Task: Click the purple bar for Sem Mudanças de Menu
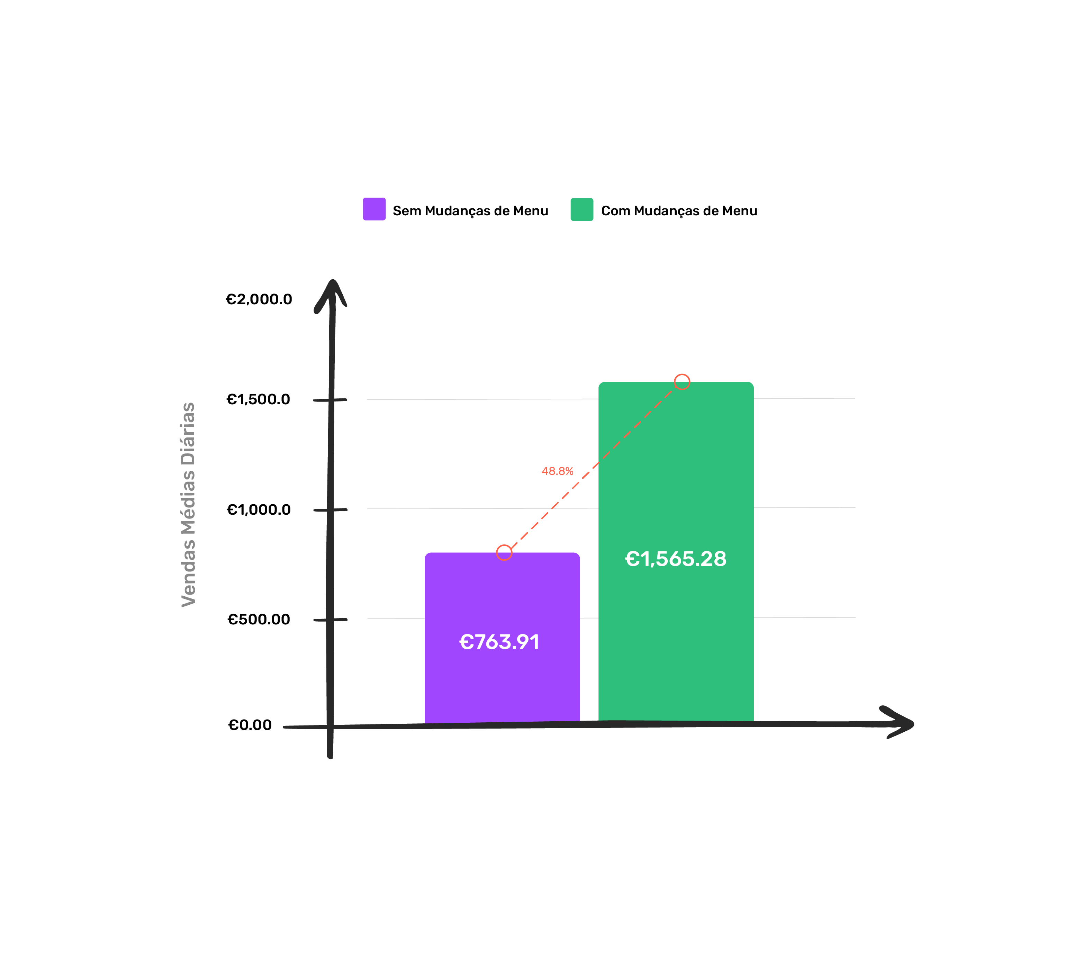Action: point(502,638)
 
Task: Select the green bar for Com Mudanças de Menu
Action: point(676,552)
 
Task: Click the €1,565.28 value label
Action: point(676,559)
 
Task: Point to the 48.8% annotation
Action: point(558,471)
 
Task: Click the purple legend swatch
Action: point(374,209)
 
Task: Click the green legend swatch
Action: point(582,209)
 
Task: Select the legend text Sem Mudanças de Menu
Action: point(470,211)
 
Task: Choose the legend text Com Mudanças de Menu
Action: point(679,211)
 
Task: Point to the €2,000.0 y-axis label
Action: point(259,299)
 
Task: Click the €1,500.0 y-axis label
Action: point(259,399)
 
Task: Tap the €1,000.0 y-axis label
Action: point(259,509)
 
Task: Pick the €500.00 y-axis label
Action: point(259,620)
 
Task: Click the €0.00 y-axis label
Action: point(250,725)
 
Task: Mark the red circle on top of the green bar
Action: point(682,382)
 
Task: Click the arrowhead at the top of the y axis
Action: point(332,288)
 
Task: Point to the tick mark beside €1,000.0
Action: point(331,510)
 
